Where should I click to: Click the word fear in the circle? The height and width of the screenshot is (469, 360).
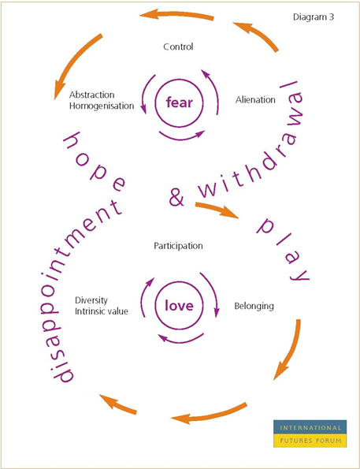pyautogui.click(x=180, y=102)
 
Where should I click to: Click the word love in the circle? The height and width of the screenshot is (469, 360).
pyautogui.click(x=180, y=306)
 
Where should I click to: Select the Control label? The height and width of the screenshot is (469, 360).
pyautogui.click(x=178, y=47)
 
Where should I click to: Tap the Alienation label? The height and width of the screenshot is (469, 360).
pyautogui.click(x=255, y=99)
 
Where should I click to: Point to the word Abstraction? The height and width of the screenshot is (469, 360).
pyautogui.click(x=92, y=95)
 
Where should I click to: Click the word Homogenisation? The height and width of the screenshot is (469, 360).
pyautogui.click(x=102, y=106)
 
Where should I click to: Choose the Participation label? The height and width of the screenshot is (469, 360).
pyautogui.click(x=178, y=246)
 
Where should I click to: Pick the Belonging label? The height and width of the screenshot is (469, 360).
pyautogui.click(x=254, y=307)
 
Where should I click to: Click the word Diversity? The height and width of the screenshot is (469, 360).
pyautogui.click(x=91, y=300)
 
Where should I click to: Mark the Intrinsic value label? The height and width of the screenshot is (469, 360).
pyautogui.click(x=102, y=311)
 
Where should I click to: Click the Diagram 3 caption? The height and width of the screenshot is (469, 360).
pyautogui.click(x=314, y=17)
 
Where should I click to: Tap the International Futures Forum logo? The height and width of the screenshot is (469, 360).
pyautogui.click(x=310, y=434)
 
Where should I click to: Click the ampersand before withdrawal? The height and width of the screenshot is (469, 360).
pyautogui.click(x=176, y=197)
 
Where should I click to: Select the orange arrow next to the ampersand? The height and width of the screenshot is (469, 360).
pyautogui.click(x=217, y=210)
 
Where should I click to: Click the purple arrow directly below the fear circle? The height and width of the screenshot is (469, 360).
pyautogui.click(x=182, y=136)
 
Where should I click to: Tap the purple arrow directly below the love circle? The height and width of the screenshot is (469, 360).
pyautogui.click(x=180, y=339)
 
